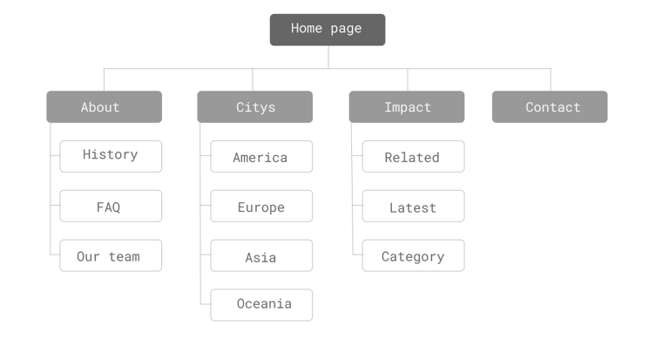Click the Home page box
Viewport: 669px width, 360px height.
[x=327, y=30]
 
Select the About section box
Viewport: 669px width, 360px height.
[x=104, y=107]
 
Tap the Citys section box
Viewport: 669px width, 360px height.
[x=254, y=107]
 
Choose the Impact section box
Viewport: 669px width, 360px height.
[x=406, y=107]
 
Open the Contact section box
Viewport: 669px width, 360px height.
[x=549, y=107]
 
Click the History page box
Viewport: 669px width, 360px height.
[x=111, y=156]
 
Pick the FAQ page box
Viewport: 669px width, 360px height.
[x=111, y=207]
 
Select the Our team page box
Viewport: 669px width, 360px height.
[x=111, y=255]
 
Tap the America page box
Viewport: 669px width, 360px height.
[x=261, y=157]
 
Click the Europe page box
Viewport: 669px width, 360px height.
[x=261, y=207]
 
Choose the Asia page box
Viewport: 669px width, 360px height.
[x=261, y=256]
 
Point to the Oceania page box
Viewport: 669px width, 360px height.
[x=261, y=305]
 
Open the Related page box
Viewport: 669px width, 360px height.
[x=413, y=157]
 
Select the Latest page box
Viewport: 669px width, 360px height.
[x=413, y=207]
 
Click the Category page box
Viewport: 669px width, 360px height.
[x=413, y=255]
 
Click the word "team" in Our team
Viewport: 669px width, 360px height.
[x=124, y=256]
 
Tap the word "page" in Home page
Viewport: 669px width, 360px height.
[x=346, y=29]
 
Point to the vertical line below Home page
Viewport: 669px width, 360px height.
[x=328, y=57]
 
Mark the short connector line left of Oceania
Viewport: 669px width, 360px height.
[x=205, y=305]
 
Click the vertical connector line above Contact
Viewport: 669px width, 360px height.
[x=550, y=79]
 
